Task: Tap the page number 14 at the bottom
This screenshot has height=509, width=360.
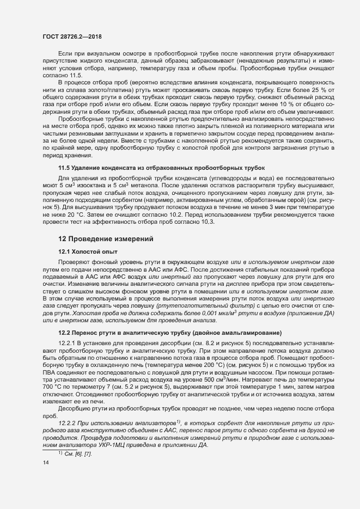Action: coord(46,463)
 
